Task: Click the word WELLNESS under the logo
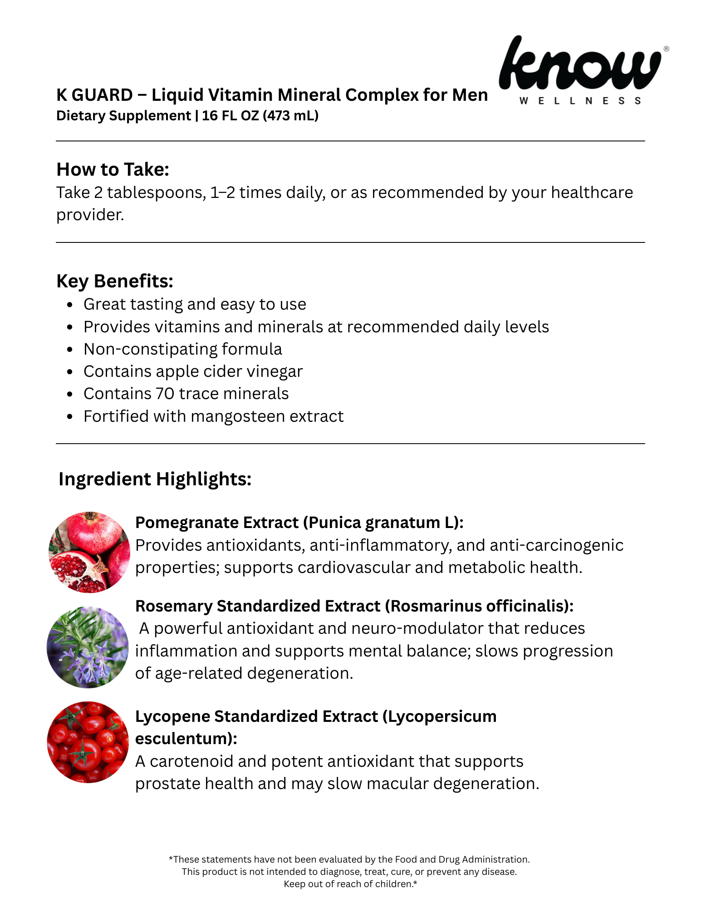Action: (580, 101)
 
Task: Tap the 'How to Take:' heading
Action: (113, 169)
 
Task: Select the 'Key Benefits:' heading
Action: (115, 281)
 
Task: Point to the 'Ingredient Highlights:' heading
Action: (155, 479)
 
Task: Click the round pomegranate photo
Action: (89, 552)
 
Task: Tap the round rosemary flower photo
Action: (88, 647)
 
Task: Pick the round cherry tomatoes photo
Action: (88, 742)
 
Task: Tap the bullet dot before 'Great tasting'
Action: (69, 305)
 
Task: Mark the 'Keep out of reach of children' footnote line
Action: (350, 884)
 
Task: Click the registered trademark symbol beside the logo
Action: (666, 49)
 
